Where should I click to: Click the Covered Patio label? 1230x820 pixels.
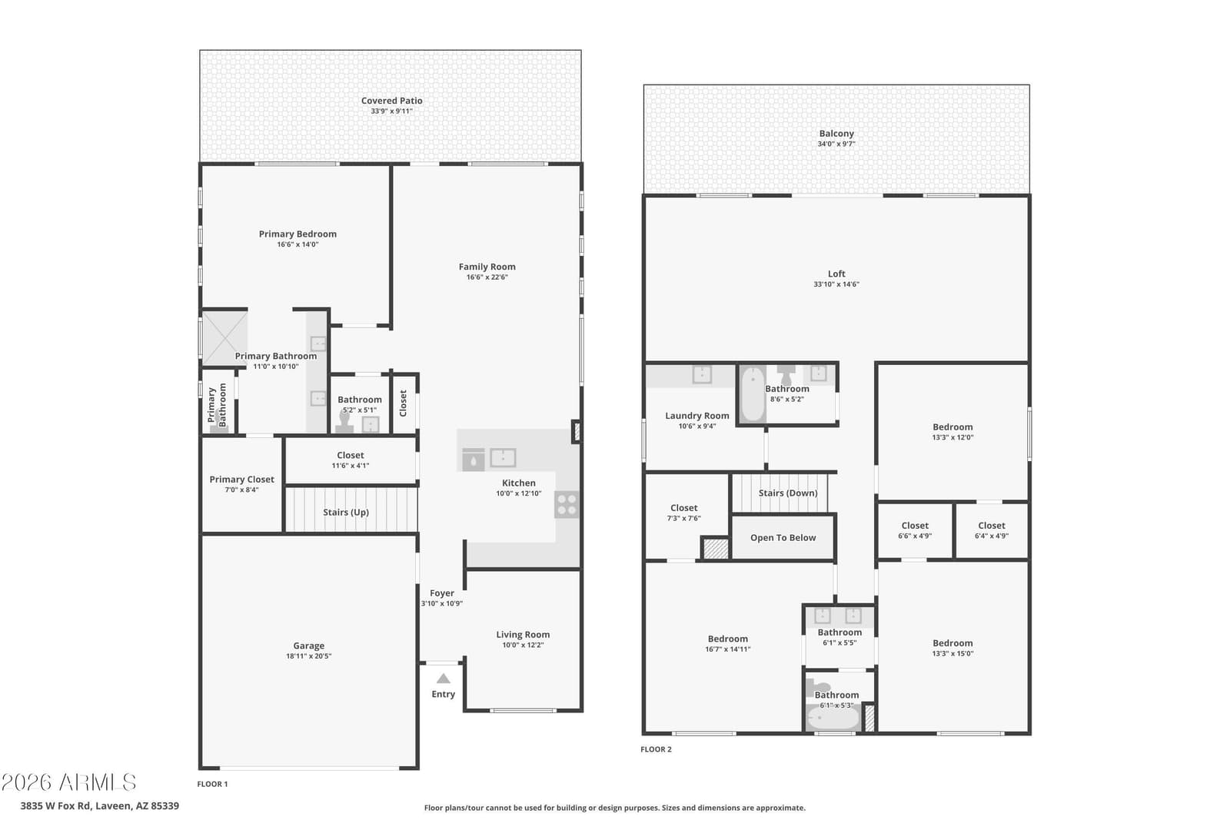click(391, 101)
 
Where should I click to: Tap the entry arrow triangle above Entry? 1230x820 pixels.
click(443, 679)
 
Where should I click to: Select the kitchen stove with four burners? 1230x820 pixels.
click(567, 504)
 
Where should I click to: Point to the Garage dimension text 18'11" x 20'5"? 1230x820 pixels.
click(308, 656)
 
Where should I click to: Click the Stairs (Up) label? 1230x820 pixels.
click(346, 512)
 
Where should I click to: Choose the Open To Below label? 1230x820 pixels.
click(783, 538)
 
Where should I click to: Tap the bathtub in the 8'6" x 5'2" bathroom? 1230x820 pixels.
click(753, 395)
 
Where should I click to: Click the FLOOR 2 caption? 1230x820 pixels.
click(656, 749)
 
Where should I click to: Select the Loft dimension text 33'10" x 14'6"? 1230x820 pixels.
click(836, 284)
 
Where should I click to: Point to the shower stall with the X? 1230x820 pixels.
click(224, 338)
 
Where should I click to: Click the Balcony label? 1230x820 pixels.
click(836, 134)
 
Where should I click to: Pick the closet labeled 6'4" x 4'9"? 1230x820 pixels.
click(992, 531)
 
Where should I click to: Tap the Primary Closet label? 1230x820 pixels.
click(241, 479)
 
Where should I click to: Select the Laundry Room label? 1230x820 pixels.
click(697, 416)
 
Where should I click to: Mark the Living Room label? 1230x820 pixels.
click(523, 635)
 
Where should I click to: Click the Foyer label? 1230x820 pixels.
click(442, 593)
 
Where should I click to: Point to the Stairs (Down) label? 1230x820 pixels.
click(788, 493)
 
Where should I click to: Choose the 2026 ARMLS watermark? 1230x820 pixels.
click(68, 782)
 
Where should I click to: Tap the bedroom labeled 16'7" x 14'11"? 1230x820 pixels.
click(723, 647)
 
